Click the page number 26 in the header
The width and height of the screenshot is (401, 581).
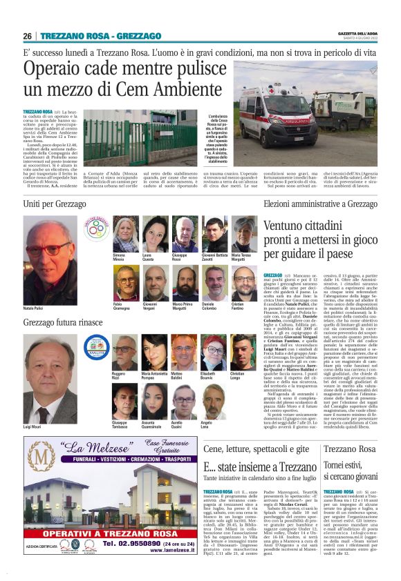coord(27,36)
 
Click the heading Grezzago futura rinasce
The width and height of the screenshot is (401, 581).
coord(63,322)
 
